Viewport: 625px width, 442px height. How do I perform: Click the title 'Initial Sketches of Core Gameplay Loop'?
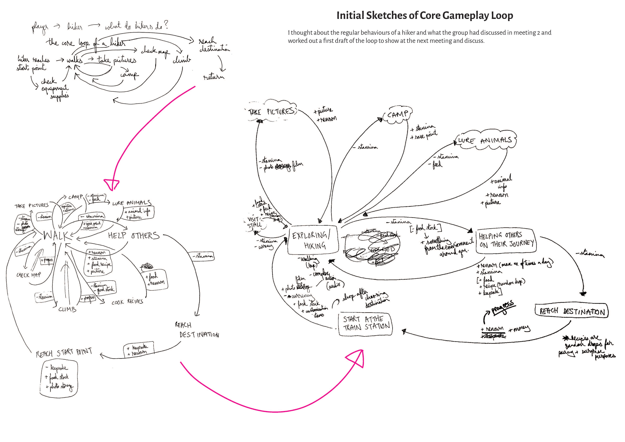425,15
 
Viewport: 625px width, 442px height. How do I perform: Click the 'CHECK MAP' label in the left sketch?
29,275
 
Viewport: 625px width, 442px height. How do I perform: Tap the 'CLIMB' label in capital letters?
67,309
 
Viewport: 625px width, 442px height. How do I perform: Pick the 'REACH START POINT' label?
64,353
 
